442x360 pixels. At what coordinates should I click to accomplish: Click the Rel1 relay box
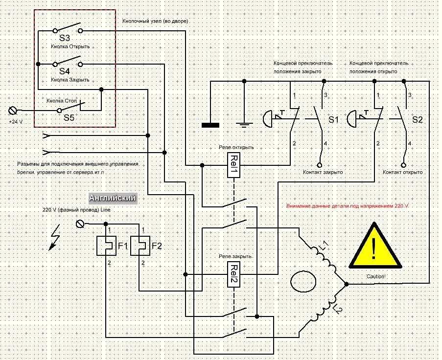[x=234, y=165]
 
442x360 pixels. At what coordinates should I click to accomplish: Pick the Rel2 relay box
[x=234, y=274]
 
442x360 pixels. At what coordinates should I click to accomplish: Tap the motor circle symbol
[x=304, y=283]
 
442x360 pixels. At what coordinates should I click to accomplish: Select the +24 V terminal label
[x=16, y=120]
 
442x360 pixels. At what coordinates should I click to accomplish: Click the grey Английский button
[x=113, y=198]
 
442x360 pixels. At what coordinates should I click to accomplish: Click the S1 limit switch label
[x=333, y=119]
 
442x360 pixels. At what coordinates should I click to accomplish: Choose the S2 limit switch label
[x=417, y=119]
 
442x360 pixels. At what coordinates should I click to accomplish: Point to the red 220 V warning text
[x=347, y=207]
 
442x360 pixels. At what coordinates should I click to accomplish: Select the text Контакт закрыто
[x=323, y=173]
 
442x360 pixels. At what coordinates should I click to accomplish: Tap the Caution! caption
[x=376, y=277]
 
